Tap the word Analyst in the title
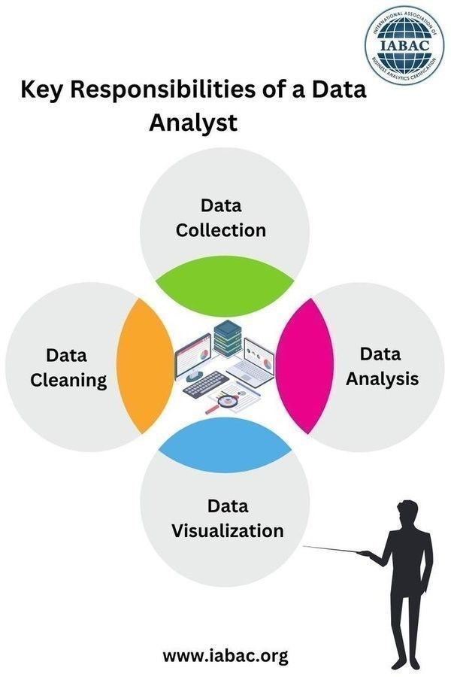(x=193, y=121)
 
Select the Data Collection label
(x=221, y=217)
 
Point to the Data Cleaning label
(x=68, y=367)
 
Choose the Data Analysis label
(x=381, y=366)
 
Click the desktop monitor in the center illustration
(x=193, y=358)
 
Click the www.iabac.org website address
(x=225, y=655)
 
